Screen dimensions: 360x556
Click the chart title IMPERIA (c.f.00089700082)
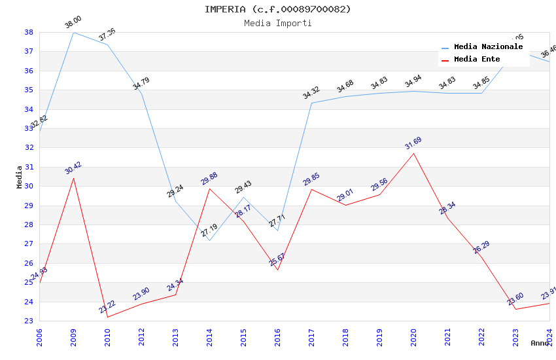(x=277, y=9)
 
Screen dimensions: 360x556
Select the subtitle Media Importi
(x=277, y=24)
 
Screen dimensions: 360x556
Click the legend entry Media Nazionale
(x=488, y=47)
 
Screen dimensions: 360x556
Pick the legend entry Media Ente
(x=477, y=60)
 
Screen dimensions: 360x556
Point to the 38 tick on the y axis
(x=29, y=32)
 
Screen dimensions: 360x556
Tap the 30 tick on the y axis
(x=29, y=186)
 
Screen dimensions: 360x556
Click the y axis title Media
(x=20, y=177)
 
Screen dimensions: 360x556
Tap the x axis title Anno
(x=540, y=343)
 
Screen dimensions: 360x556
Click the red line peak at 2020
(x=413, y=153)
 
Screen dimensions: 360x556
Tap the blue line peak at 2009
(x=73, y=32)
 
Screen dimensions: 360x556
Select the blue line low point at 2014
(x=209, y=240)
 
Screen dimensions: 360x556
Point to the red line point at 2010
(x=107, y=317)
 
